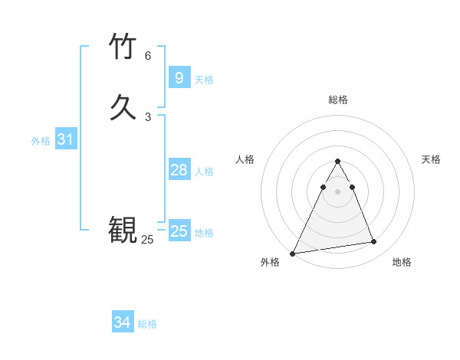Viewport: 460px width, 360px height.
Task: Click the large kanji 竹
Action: point(123,47)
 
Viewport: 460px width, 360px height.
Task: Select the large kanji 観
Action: point(123,228)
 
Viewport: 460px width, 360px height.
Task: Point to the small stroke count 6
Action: point(148,56)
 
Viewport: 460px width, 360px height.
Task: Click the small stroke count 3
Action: point(148,116)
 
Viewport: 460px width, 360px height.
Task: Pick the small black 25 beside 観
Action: point(147,240)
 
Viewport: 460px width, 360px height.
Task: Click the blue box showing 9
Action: point(179,77)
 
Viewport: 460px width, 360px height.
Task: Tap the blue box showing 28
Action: point(179,170)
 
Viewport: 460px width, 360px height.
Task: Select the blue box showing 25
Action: point(179,231)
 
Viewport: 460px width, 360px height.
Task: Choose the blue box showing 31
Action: point(65,139)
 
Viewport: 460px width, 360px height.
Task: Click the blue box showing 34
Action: point(122,322)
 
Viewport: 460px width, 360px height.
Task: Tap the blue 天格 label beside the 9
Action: point(204,80)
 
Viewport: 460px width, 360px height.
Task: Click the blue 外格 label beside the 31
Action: point(41,141)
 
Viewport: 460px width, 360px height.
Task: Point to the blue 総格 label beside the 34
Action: point(147,324)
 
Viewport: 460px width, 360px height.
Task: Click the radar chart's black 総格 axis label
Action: point(337,100)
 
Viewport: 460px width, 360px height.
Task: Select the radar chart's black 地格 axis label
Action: point(402,262)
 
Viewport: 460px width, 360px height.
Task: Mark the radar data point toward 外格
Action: point(293,254)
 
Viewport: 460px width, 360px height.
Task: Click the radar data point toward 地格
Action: point(374,242)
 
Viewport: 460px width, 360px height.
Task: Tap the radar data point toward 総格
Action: point(337,162)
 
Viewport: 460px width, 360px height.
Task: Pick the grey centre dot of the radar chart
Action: point(337,192)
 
